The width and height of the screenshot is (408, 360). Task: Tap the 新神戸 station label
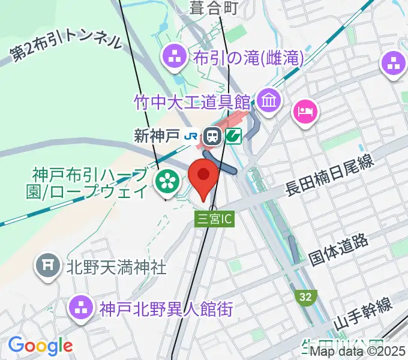pyautogui.click(x=157, y=136)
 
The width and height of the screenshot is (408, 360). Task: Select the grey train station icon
pyautogui.click(x=212, y=137)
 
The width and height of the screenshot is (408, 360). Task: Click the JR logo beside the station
pyautogui.click(x=191, y=137)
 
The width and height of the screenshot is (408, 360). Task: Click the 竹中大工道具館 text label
pyautogui.click(x=192, y=99)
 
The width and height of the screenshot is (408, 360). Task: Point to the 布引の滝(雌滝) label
pyautogui.click(x=248, y=58)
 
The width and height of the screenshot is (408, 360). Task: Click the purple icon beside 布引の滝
pyautogui.click(x=176, y=58)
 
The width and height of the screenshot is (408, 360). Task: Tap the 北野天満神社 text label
pyautogui.click(x=116, y=266)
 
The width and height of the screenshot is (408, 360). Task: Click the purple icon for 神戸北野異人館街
pyautogui.click(x=82, y=309)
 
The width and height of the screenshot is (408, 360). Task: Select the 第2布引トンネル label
pyautogui.click(x=66, y=46)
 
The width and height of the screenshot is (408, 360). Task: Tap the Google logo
pyautogui.click(x=40, y=346)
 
